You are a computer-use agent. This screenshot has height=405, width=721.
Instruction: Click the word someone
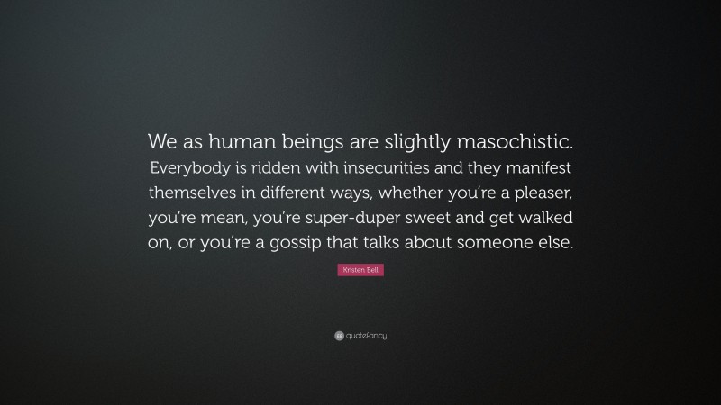pyautogui.click(x=492, y=244)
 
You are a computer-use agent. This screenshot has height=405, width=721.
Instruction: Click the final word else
pyautogui.click(x=552, y=244)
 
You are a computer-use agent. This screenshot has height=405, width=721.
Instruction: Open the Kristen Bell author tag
pyautogui.click(x=360, y=270)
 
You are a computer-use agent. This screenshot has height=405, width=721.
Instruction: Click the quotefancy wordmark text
pyautogui.click(x=365, y=336)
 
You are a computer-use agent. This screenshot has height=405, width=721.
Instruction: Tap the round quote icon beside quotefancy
pyautogui.click(x=339, y=336)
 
